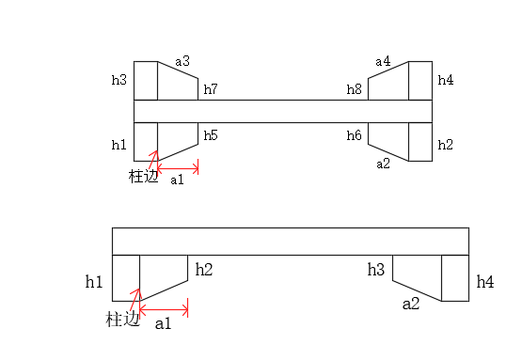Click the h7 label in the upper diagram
point(211,89)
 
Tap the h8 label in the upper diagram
point(355,89)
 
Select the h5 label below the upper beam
point(211,135)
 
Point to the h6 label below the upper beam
point(355,135)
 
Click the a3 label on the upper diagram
point(182,61)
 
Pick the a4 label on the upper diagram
point(383,61)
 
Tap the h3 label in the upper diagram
point(119,80)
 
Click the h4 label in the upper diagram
point(446,80)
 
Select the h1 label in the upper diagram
point(119,145)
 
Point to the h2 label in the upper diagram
point(446,145)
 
